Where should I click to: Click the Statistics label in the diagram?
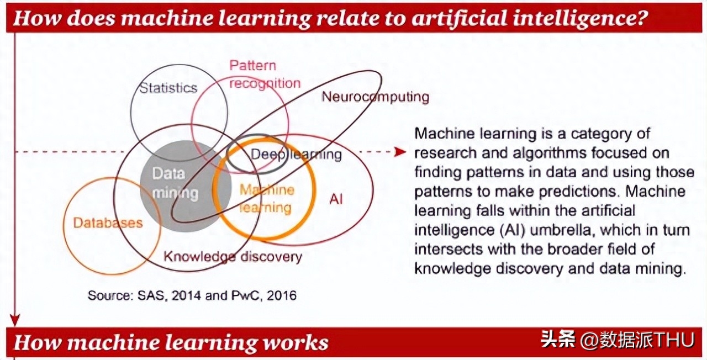tap(168, 88)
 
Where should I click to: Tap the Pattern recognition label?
tap(265, 75)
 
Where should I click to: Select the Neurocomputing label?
tap(375, 97)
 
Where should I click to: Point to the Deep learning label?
tap(296, 155)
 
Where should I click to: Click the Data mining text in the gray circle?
tap(175, 183)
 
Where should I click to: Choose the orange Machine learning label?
tap(267, 199)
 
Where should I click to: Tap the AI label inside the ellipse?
tap(336, 199)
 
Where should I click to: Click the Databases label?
tap(108, 223)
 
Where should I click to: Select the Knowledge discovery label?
tap(233, 257)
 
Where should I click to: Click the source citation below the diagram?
tap(192, 295)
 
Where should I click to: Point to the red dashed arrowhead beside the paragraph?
tap(400, 152)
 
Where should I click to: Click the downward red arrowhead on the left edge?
tap(15, 320)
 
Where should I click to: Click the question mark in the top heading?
tap(642, 18)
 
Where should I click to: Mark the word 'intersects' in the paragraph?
tap(449, 249)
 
